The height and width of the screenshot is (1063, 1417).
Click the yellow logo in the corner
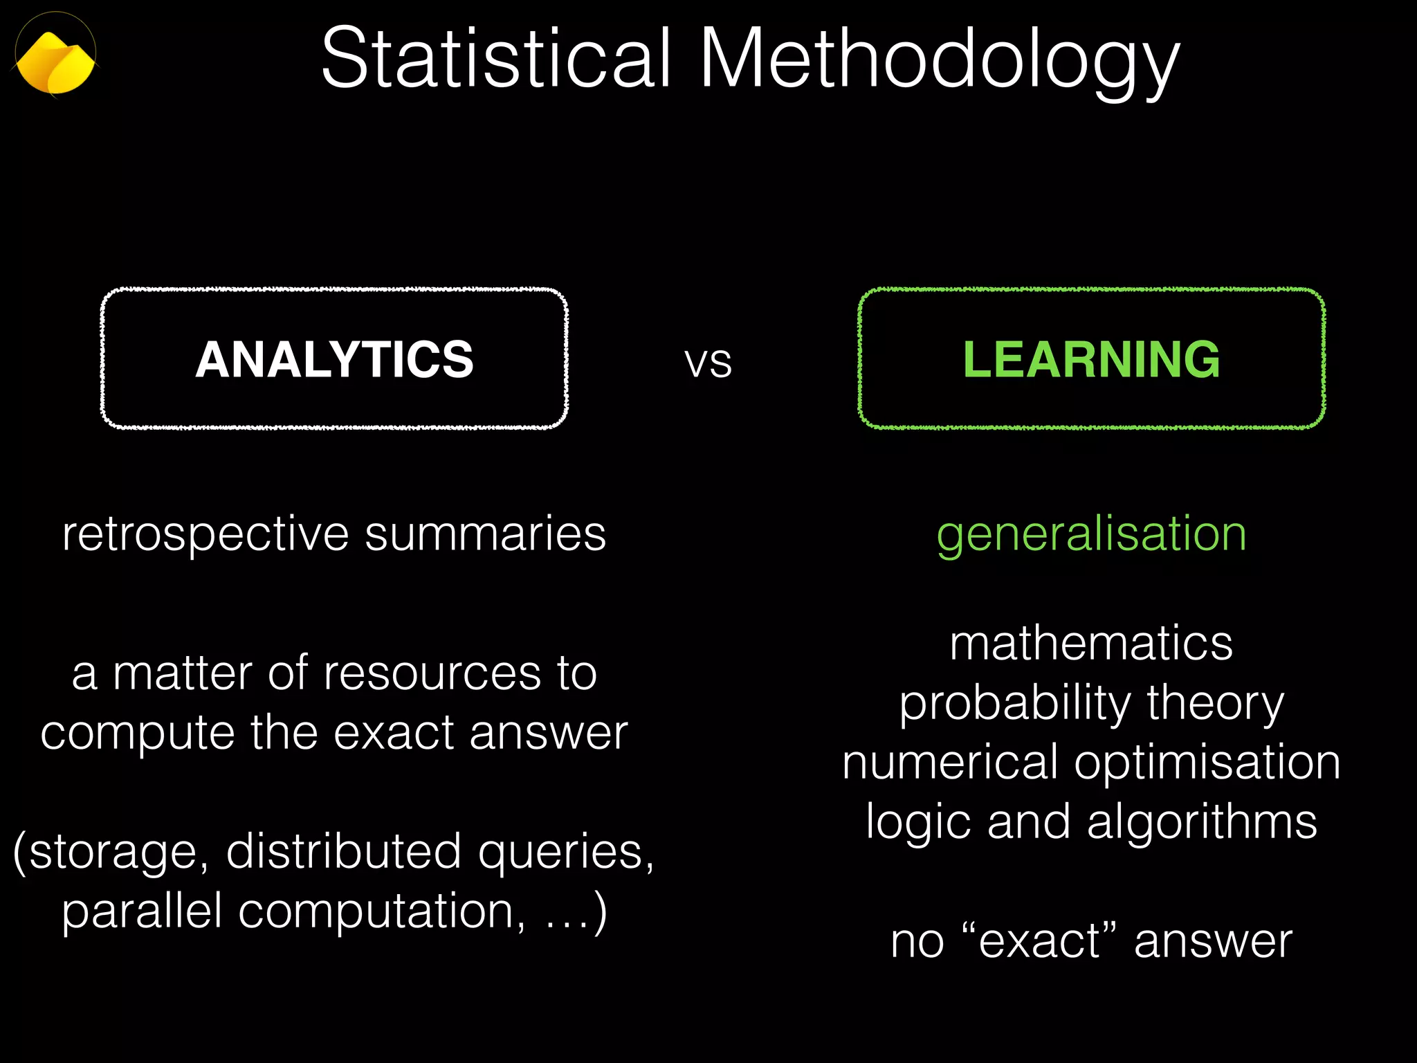[55, 62]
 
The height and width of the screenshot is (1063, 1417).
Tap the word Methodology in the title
[939, 62]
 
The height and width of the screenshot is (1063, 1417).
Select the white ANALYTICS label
[334, 360]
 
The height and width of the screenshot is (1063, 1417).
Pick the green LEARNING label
[1091, 360]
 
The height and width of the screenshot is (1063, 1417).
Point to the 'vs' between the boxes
[708, 363]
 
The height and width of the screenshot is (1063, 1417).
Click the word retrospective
[205, 535]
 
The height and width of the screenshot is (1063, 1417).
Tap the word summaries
[485, 534]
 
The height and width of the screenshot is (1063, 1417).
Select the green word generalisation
[1091, 535]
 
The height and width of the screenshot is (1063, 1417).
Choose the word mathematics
[1091, 644]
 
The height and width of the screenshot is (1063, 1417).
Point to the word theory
[1216, 705]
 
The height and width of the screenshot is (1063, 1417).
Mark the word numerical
[950, 763]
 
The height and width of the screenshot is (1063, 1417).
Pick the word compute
[138, 734]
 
